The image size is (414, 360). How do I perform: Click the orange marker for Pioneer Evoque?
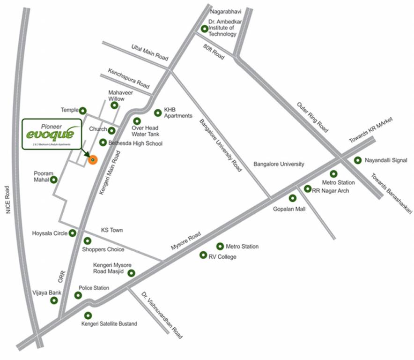click(x=93, y=160)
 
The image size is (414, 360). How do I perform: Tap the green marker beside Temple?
click(x=83, y=111)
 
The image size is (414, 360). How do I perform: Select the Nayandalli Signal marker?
click(x=357, y=160)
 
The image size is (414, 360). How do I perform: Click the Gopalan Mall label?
click(x=289, y=209)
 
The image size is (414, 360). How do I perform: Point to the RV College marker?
click(x=203, y=255)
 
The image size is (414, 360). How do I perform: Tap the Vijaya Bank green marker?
click(x=54, y=300)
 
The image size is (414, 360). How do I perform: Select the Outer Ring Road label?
click(x=312, y=117)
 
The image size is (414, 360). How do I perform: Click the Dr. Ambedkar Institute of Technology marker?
click(x=204, y=29)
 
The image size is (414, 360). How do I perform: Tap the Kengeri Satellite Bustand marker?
click(x=88, y=315)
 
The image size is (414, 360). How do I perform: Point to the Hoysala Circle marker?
click(x=73, y=233)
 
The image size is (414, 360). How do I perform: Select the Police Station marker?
click(x=78, y=295)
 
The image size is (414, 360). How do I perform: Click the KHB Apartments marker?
click(x=158, y=112)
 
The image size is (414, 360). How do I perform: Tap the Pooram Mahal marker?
click(x=54, y=180)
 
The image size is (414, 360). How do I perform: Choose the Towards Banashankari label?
click(x=392, y=194)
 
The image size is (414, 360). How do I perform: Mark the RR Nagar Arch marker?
click(x=308, y=189)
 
